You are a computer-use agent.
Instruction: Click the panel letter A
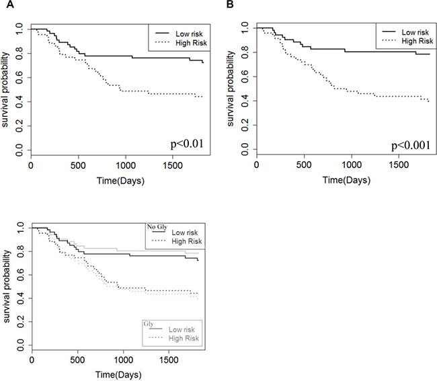(10, 5)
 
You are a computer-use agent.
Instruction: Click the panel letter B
(230, 5)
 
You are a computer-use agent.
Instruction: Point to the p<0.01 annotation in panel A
(187, 144)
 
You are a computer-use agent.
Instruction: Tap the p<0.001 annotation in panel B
(411, 145)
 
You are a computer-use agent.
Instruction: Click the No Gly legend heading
(157, 227)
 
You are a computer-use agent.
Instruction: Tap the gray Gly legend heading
(149, 324)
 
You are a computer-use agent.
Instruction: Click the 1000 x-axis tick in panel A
(126, 165)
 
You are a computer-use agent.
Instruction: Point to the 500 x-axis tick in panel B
(304, 165)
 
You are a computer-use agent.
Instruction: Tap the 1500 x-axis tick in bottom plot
(169, 360)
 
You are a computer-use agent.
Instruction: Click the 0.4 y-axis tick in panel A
(19, 101)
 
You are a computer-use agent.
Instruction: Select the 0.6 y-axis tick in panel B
(245, 77)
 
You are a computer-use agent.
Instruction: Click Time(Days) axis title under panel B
(347, 180)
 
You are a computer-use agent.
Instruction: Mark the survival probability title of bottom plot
(7, 286)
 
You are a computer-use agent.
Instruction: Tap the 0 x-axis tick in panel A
(31, 165)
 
